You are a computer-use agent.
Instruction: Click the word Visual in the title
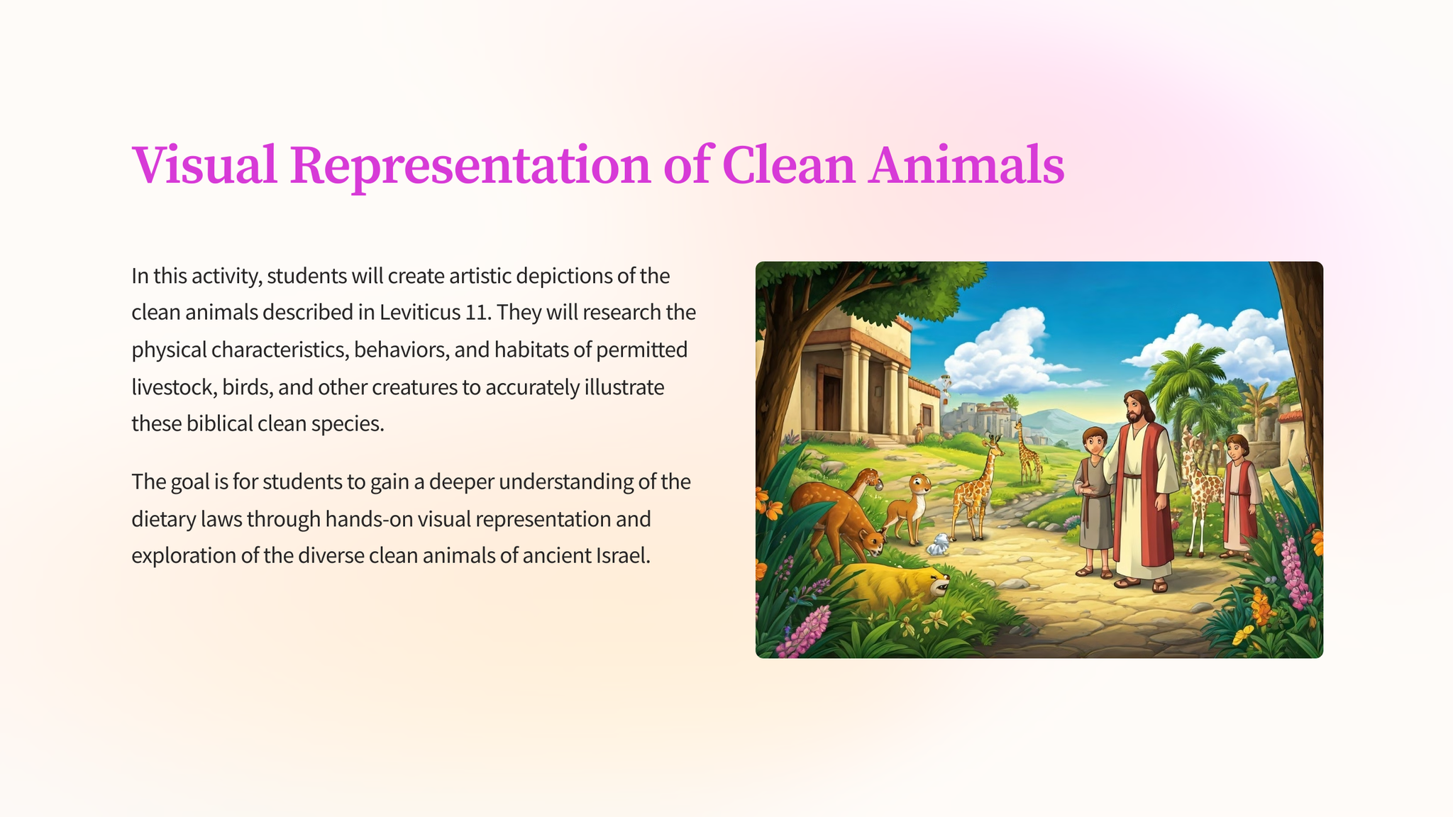click(x=204, y=165)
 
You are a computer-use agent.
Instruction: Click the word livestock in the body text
click(x=173, y=387)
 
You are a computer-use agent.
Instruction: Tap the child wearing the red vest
click(x=1239, y=495)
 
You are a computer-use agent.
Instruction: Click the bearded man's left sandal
click(x=1159, y=586)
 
